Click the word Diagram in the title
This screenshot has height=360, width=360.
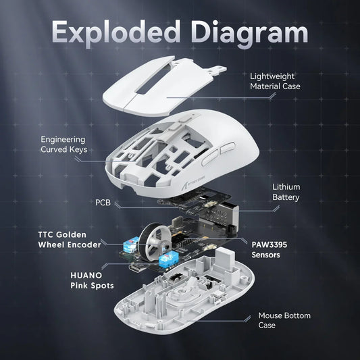click(x=245, y=32)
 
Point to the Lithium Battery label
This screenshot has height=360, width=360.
click(x=286, y=192)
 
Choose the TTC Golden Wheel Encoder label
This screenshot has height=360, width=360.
click(x=70, y=239)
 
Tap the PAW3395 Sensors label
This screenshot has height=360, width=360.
click(x=274, y=250)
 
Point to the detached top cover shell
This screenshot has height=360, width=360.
click(x=159, y=84)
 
